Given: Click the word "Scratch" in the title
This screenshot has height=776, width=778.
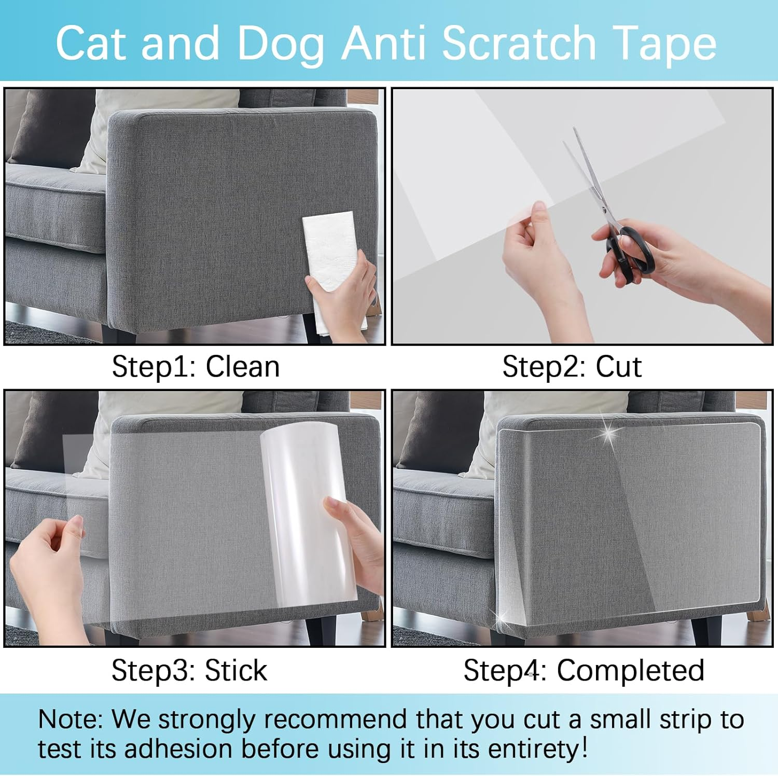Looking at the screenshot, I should (x=519, y=44).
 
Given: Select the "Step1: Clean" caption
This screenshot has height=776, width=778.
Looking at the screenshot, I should (x=196, y=367).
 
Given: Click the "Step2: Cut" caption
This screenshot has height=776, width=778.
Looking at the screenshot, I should (x=572, y=367).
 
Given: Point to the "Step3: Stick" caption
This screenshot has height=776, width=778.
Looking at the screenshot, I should (x=189, y=670).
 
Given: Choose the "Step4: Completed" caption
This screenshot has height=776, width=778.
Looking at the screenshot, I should (x=584, y=670).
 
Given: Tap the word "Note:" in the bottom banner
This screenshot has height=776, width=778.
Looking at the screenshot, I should (x=71, y=719).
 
